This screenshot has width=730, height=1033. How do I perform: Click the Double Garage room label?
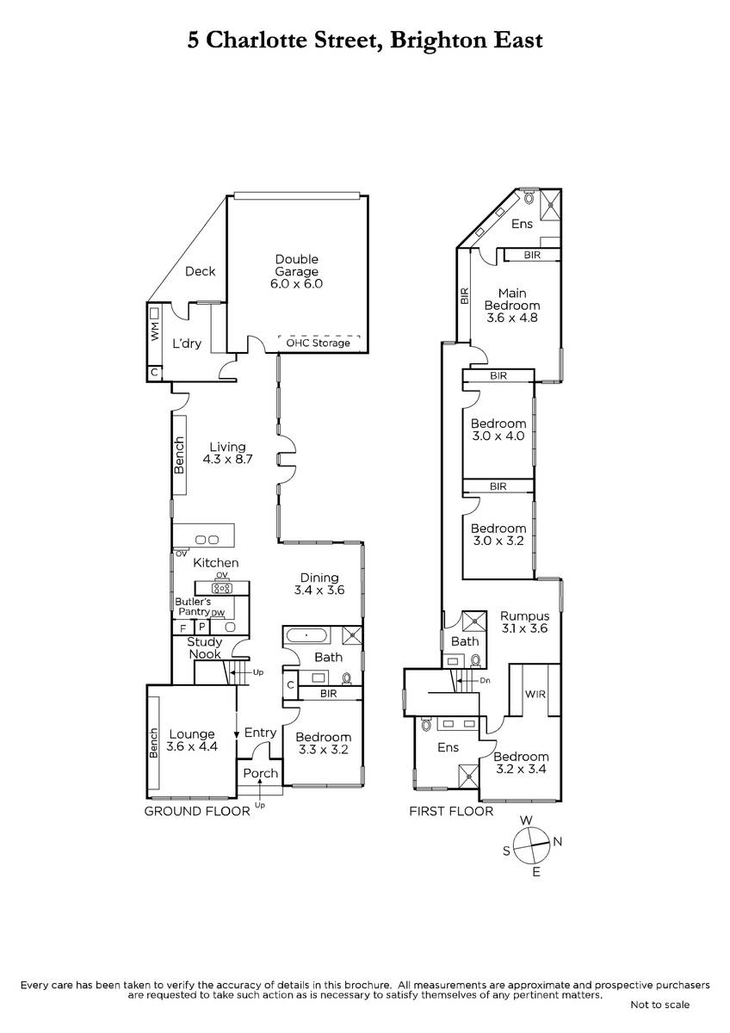coord(296,271)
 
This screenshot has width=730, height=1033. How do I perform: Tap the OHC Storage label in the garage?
coord(318,343)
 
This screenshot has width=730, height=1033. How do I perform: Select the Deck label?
coord(200,271)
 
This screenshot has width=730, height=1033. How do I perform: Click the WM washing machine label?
coord(155,331)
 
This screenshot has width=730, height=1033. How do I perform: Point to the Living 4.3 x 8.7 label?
coord(227,453)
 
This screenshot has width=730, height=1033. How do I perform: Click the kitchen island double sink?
coord(207,539)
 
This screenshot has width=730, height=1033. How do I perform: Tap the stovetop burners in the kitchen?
coord(222,588)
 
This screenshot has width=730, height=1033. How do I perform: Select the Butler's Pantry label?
coord(194,606)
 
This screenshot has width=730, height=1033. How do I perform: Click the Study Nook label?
coord(205,647)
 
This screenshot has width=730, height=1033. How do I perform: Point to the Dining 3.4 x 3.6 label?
coord(319,584)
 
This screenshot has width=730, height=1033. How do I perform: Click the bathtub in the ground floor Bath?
coord(306,635)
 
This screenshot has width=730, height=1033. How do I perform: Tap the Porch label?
coord(261,773)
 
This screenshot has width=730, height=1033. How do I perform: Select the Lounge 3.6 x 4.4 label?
coord(192,739)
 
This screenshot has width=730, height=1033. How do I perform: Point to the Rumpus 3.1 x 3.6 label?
coord(525,622)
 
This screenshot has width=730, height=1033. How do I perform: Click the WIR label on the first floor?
coord(535,694)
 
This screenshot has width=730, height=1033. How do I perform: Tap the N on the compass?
coord(558,842)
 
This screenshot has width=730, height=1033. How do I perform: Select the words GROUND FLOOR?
coord(197,811)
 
